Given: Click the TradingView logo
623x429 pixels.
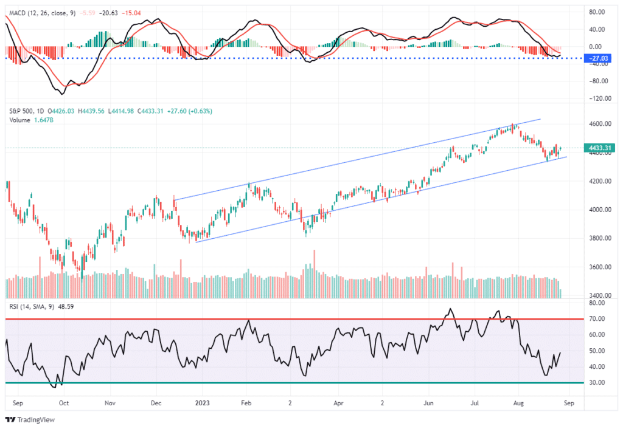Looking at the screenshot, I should click(x=31, y=419).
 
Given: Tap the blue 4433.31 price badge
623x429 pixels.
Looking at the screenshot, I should click(x=599, y=148).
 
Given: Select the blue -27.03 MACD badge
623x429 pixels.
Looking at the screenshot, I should click(x=599, y=58).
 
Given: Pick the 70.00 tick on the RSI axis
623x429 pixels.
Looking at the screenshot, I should click(x=596, y=318).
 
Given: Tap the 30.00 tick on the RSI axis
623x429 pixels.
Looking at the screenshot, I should click(x=596, y=383).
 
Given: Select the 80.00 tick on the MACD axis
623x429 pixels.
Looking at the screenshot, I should click(x=597, y=12).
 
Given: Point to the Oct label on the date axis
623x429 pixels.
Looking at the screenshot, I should click(x=64, y=402).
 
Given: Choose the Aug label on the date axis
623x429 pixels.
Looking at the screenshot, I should click(x=518, y=402).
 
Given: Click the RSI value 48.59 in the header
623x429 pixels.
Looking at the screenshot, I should click(x=65, y=307).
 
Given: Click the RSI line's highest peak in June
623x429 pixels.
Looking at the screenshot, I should click(x=450, y=309).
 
